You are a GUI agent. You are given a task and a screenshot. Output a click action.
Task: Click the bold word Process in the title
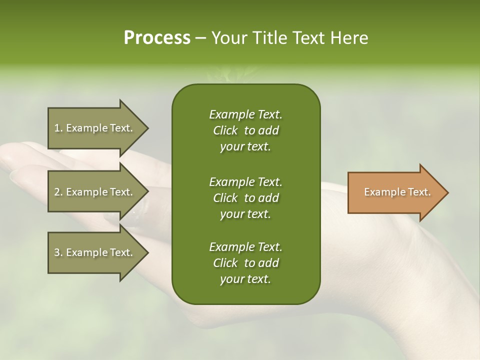[x=157, y=38]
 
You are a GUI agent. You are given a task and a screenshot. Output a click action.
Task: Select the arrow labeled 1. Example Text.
[x=95, y=128]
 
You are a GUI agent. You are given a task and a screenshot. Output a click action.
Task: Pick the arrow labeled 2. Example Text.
[x=95, y=192]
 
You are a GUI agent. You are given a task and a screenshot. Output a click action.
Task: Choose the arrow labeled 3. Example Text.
[x=95, y=252]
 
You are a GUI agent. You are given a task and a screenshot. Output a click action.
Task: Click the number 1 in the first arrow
[x=57, y=128]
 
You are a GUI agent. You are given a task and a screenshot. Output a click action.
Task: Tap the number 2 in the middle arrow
[x=57, y=192]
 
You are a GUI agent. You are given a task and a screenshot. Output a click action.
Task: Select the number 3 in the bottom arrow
[x=57, y=252]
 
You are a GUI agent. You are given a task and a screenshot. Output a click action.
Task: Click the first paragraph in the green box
[x=245, y=130]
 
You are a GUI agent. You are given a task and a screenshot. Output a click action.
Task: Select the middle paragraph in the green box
[x=245, y=197]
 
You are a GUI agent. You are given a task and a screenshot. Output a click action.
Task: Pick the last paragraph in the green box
[x=245, y=263]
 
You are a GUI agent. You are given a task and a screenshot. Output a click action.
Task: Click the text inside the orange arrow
[x=397, y=192]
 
